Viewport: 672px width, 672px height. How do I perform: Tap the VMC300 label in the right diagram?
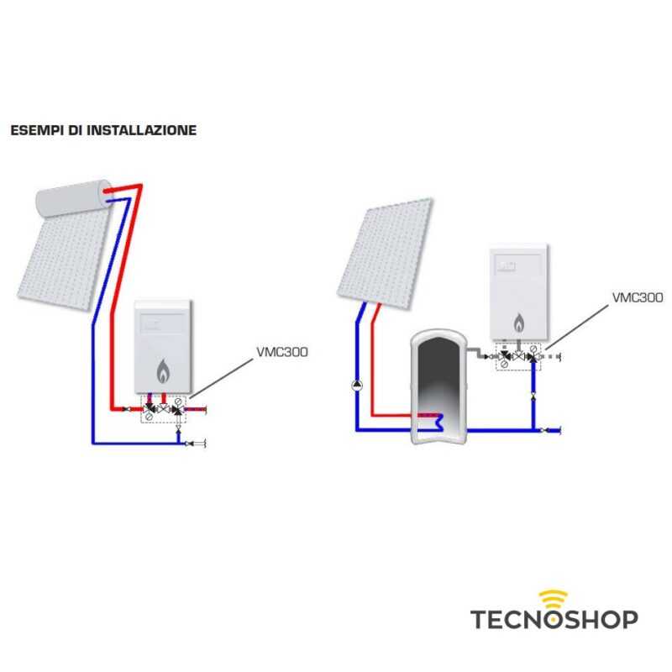click(x=638, y=297)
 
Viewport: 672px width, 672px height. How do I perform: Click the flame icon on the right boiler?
click(x=519, y=320)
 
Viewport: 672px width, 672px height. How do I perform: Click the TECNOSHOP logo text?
click(x=554, y=620)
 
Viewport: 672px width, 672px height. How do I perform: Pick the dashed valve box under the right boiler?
click(x=519, y=357)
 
